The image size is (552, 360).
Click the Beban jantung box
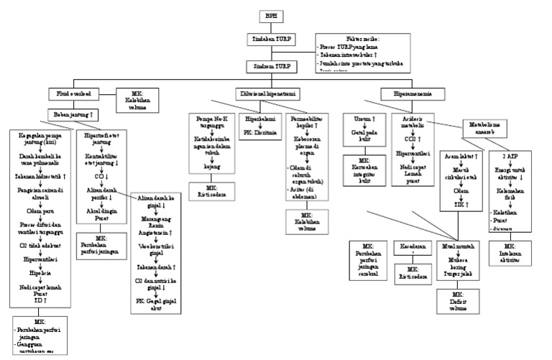[73, 114]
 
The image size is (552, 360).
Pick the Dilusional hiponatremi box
[270, 93]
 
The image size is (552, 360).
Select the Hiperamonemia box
[411, 93]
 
